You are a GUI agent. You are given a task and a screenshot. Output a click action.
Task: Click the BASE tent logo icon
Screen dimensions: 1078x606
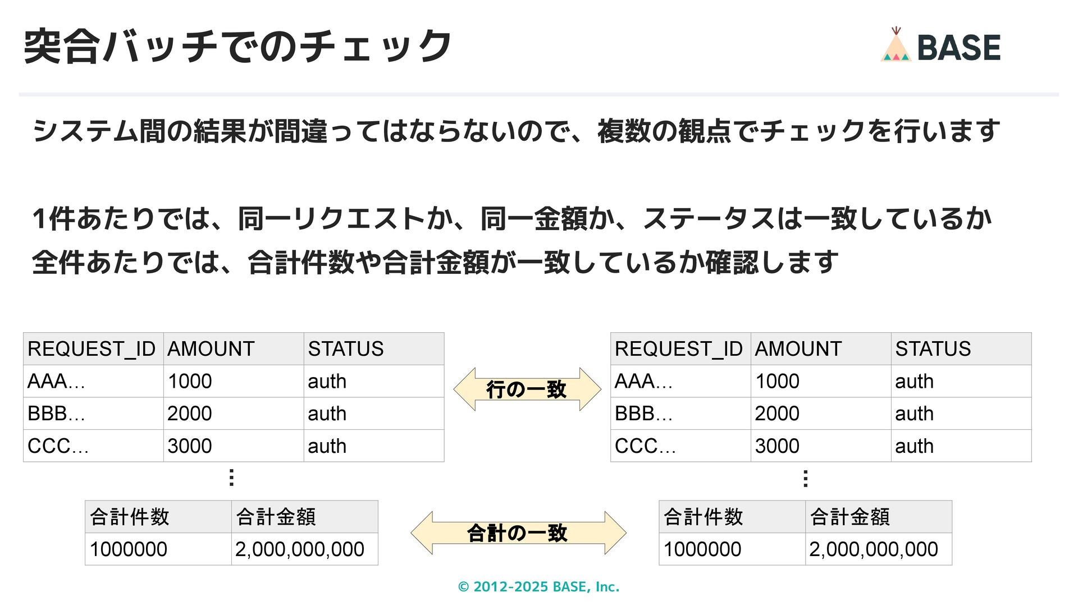(896, 46)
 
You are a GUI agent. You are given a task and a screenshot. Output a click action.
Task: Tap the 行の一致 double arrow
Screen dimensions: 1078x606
(527, 389)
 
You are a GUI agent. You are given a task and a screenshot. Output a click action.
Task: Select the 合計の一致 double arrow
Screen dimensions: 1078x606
(518, 533)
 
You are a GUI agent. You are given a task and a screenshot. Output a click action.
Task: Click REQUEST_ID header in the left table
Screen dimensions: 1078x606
(92, 349)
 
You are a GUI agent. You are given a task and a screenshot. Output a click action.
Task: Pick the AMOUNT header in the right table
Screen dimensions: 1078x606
(798, 349)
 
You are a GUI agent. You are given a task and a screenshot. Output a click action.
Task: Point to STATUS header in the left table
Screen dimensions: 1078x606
(346, 349)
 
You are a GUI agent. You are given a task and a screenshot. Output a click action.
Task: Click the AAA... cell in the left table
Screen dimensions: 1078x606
(56, 382)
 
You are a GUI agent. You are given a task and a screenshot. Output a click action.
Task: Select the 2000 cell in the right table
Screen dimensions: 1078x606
(776, 414)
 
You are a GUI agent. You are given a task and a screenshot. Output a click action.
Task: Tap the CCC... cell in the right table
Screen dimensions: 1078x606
(645, 446)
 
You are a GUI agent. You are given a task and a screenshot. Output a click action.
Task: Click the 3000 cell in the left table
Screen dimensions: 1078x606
(189, 446)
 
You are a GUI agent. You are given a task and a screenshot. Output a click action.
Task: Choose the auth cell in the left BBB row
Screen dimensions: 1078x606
(327, 414)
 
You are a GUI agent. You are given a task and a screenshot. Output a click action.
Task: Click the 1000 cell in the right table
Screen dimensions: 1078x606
(776, 382)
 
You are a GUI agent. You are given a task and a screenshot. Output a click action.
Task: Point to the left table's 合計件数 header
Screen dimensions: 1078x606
(130, 517)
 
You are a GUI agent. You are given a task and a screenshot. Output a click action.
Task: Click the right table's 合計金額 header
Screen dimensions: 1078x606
(849, 517)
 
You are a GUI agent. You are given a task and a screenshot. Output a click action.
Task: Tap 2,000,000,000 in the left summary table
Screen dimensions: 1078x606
(300, 549)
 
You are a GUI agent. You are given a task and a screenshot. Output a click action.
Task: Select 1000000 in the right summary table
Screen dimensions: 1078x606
(702, 549)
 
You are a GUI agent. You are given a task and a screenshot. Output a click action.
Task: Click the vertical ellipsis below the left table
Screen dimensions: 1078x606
(231, 478)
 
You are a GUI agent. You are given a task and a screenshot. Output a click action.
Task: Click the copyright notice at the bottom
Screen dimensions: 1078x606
(538, 587)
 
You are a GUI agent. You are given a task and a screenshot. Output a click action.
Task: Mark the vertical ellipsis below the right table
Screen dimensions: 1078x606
(806, 479)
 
